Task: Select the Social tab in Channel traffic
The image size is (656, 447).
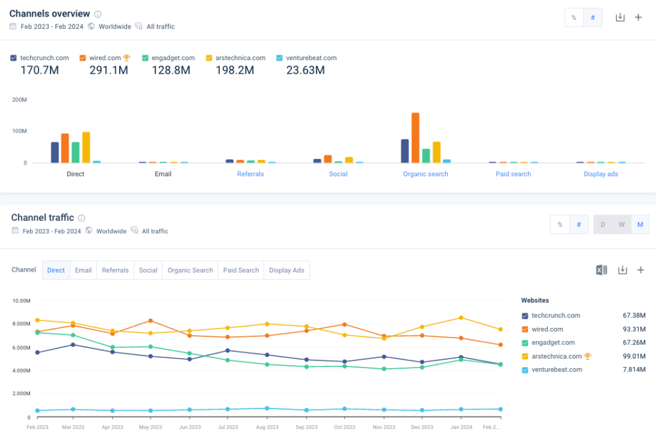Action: pos(148,270)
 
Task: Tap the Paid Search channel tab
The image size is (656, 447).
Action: pos(241,270)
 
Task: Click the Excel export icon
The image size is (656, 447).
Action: pos(602,270)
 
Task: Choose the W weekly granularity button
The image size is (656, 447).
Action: pos(621,225)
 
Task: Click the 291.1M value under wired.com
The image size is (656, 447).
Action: pos(109,70)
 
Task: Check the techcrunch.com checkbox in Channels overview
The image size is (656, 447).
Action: pos(13,58)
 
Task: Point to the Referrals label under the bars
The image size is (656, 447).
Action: pos(250,174)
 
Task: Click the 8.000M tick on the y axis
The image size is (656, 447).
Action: pos(22,324)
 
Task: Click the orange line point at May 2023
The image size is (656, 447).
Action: pos(151,320)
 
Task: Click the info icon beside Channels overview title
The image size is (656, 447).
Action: pos(97,14)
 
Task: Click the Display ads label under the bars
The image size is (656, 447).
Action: pos(600,174)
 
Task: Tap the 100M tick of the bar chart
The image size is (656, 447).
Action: pos(20,131)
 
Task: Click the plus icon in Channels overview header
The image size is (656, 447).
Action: pos(638,17)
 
